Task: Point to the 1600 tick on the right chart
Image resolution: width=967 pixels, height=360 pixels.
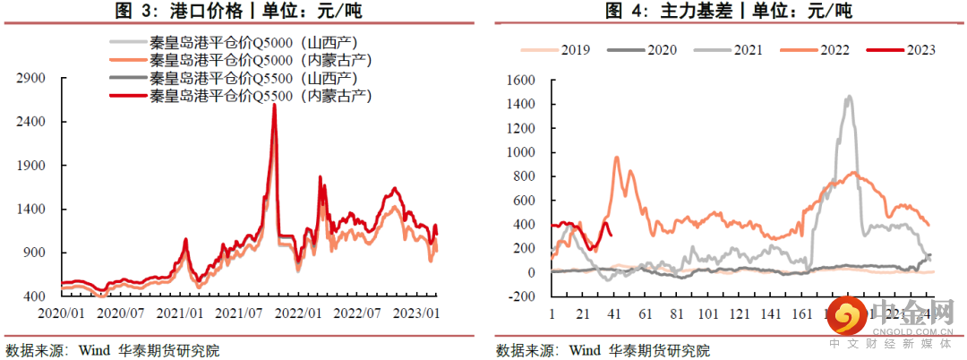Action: [520, 80]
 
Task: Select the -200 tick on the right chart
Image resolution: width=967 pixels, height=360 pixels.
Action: [520, 296]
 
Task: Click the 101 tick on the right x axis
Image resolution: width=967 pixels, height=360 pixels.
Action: [708, 313]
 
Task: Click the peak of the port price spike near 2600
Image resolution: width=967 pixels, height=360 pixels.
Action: [274, 105]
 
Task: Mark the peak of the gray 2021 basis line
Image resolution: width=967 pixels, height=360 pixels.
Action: [848, 97]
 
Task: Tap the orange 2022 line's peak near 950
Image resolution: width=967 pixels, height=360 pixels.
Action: [616, 158]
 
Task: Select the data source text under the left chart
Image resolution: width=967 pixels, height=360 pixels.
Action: [112, 349]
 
